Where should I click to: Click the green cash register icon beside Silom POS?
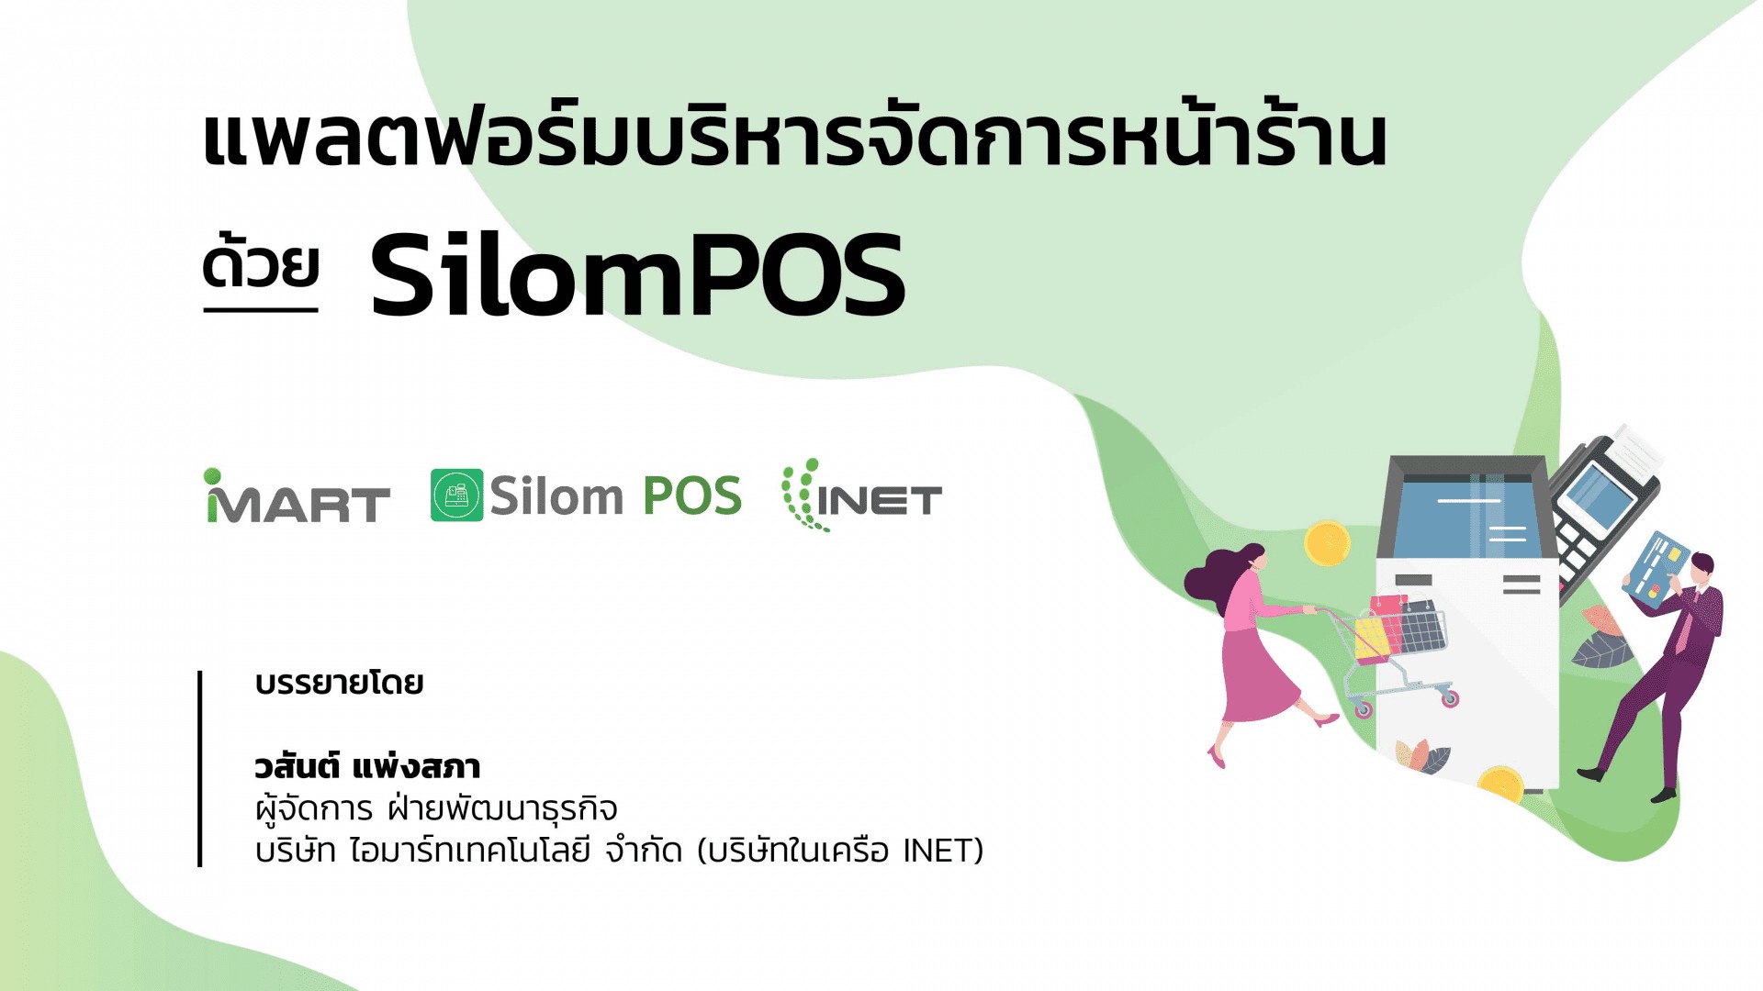click(456, 495)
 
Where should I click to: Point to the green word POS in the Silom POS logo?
click(692, 496)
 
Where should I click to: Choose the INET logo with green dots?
click(861, 495)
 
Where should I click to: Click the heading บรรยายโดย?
click(339, 684)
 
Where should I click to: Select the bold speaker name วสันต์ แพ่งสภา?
click(367, 766)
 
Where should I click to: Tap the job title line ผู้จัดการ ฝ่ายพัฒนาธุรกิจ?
click(436, 808)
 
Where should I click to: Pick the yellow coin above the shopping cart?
click(1327, 543)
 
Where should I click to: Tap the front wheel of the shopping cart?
click(1451, 700)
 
